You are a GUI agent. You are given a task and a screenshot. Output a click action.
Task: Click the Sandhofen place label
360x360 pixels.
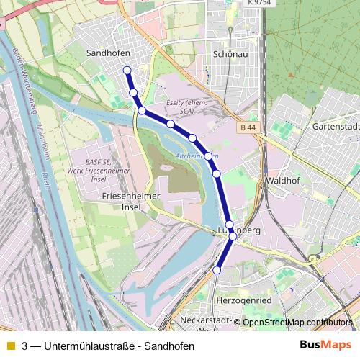pyautogui.click(x=108, y=53)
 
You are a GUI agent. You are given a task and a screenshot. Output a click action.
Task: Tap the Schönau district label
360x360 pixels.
pyautogui.click(x=231, y=54)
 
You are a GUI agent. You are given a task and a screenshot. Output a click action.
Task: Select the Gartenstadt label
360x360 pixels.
pyautogui.click(x=336, y=126)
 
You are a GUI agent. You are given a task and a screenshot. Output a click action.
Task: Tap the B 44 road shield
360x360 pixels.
pyautogui.click(x=248, y=127)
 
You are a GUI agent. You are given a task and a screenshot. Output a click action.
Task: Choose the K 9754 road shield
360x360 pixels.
pyautogui.click(x=260, y=4)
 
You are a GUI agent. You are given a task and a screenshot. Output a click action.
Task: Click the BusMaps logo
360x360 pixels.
pyautogui.click(x=325, y=345)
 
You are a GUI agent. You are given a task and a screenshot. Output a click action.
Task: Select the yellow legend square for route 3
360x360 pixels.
pyautogui.click(x=10, y=346)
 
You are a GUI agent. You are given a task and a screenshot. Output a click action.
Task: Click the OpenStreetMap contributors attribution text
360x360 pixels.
pyautogui.click(x=297, y=323)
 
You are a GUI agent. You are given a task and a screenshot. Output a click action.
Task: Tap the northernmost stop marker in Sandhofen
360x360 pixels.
pyautogui.click(x=127, y=70)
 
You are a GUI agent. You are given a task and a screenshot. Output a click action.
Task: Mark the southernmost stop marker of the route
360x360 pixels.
pyautogui.click(x=217, y=270)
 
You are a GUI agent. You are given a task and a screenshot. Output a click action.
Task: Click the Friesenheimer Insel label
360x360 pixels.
pyautogui.click(x=125, y=201)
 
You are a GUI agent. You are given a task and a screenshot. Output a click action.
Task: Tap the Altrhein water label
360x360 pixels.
pyautogui.click(x=197, y=156)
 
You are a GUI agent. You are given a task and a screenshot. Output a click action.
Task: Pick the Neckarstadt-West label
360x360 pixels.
pyautogui.click(x=206, y=324)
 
